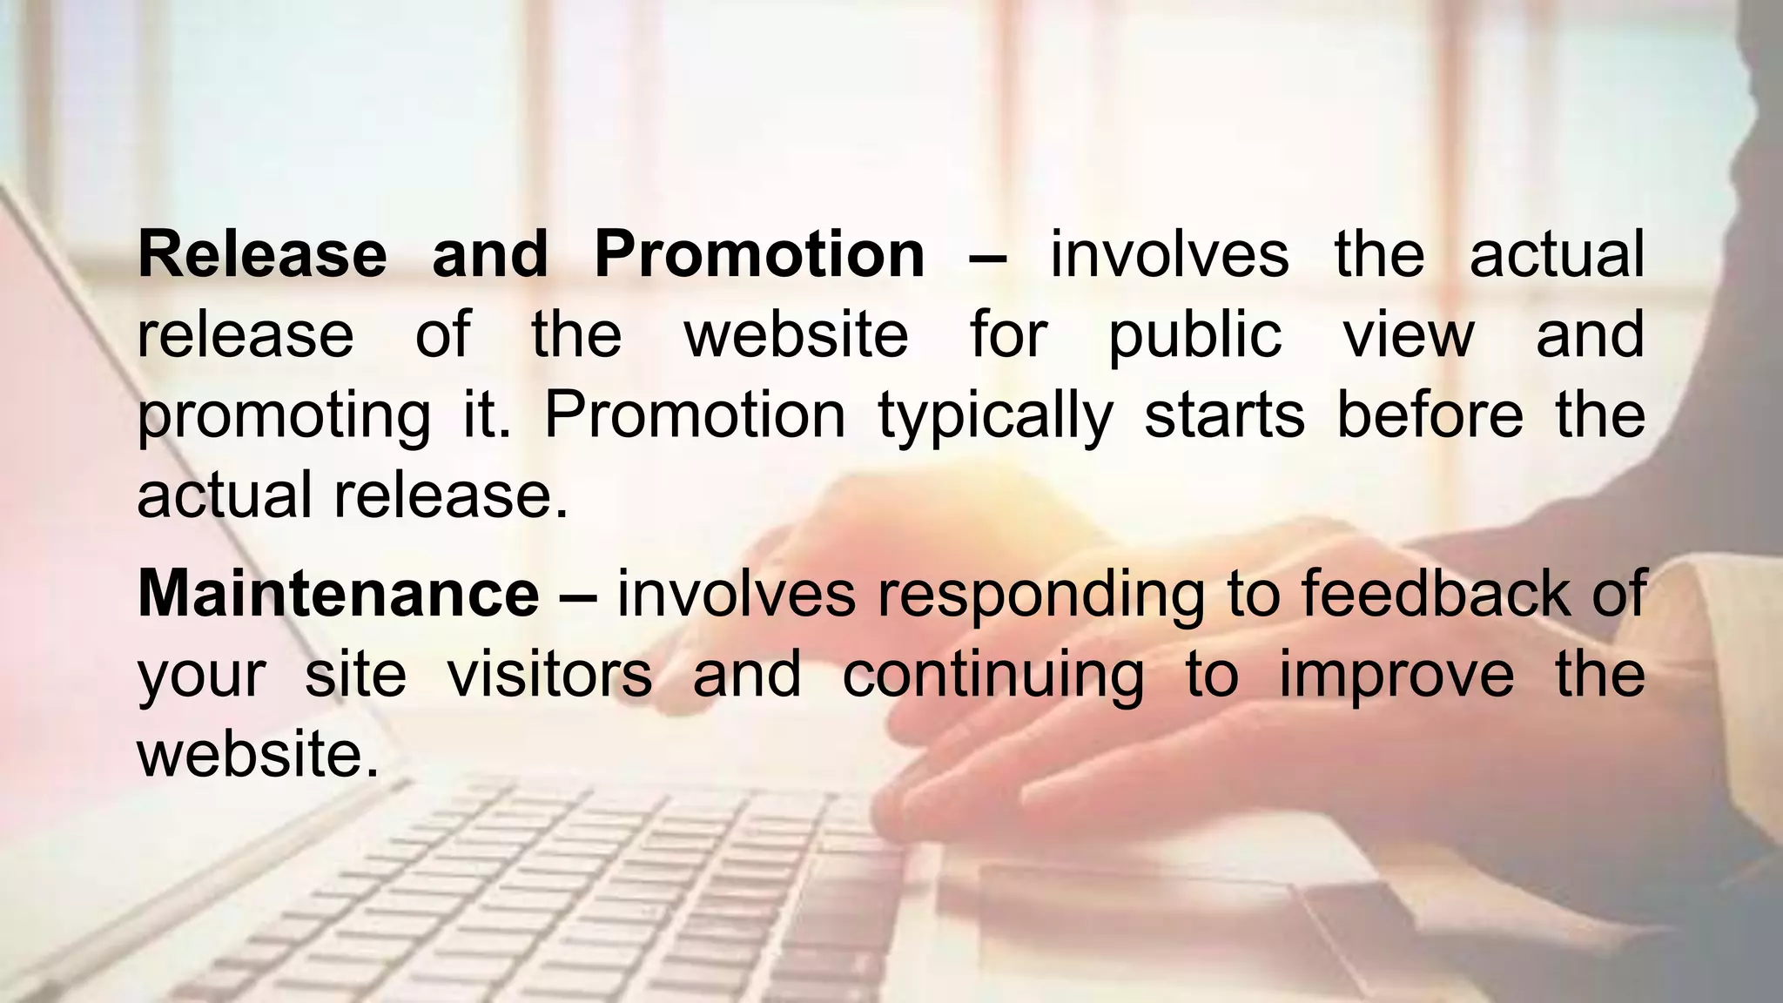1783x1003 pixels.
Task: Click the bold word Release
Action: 261,254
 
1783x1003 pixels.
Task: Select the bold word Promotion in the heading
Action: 759,254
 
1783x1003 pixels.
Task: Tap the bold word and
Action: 490,254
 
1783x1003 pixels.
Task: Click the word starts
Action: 1224,414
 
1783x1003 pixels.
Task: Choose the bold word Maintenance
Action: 338,594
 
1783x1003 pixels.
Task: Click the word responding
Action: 1041,596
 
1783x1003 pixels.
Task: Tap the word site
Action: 355,674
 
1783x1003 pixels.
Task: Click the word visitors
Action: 549,674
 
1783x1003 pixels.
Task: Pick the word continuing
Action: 993,676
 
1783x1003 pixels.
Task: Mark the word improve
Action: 1396,676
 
